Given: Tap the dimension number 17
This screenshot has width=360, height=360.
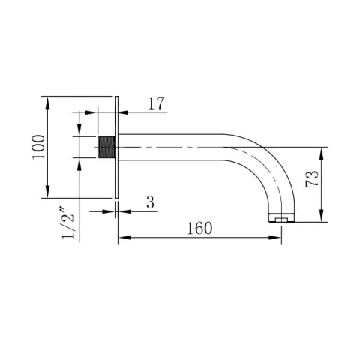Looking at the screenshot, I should tap(156, 103).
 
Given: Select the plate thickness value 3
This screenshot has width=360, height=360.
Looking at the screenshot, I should tap(150, 202).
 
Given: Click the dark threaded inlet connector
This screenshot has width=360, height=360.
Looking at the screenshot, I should tap(107, 147).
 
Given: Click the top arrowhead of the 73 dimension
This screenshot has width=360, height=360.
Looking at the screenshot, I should tap(322, 151).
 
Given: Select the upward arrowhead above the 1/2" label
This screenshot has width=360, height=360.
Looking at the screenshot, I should tap(79, 163).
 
